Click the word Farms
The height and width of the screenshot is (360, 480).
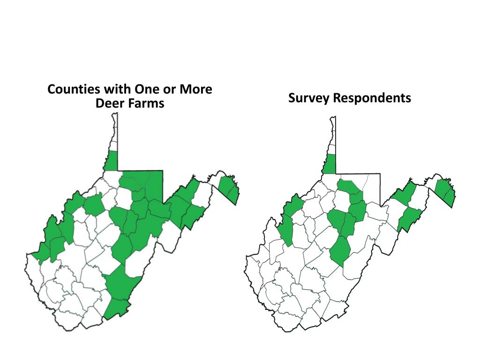pyautogui.click(x=147, y=103)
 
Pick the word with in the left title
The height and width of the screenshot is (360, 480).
pyautogui.click(x=117, y=89)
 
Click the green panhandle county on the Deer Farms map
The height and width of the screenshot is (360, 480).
pyautogui.click(x=111, y=162)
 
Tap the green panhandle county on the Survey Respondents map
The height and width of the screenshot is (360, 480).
pyautogui.click(x=330, y=164)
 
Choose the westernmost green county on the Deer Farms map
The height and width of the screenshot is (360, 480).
pyautogui.click(x=40, y=253)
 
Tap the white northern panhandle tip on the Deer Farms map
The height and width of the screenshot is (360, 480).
pyautogui.click(x=114, y=131)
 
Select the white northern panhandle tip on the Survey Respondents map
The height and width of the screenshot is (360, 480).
pyautogui.click(x=332, y=134)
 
